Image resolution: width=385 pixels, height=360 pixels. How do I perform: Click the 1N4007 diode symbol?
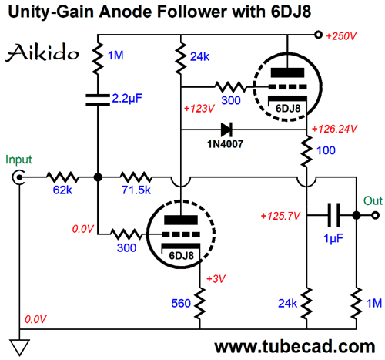(x=226, y=130)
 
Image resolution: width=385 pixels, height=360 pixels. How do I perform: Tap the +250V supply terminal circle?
(x=318, y=35)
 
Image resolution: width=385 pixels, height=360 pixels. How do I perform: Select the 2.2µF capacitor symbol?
(x=98, y=100)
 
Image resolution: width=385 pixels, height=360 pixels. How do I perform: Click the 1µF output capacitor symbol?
(x=333, y=215)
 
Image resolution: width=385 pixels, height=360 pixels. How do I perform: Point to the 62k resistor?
(x=62, y=177)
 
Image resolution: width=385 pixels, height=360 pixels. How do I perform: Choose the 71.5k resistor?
(x=136, y=177)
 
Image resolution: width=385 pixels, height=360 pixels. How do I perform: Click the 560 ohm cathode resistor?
(x=199, y=304)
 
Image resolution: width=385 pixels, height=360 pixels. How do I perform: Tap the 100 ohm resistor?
(x=306, y=151)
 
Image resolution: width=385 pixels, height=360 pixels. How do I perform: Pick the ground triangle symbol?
(x=19, y=348)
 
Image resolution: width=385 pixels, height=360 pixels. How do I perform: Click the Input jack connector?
(x=18, y=177)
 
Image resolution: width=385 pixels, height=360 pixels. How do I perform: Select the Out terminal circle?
(x=375, y=215)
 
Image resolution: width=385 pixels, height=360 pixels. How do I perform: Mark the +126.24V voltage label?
(x=334, y=129)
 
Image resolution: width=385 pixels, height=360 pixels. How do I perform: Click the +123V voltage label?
(x=199, y=109)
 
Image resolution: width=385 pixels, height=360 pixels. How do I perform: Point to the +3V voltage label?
(x=216, y=278)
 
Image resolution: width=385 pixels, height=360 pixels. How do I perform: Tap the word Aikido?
(x=42, y=52)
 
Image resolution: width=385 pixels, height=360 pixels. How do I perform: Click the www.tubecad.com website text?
(x=295, y=347)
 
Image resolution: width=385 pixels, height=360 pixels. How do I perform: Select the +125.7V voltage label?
(x=280, y=216)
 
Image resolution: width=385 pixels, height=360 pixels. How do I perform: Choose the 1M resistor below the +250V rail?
(x=98, y=59)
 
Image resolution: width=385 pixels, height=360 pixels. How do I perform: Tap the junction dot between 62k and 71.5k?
(x=98, y=177)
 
